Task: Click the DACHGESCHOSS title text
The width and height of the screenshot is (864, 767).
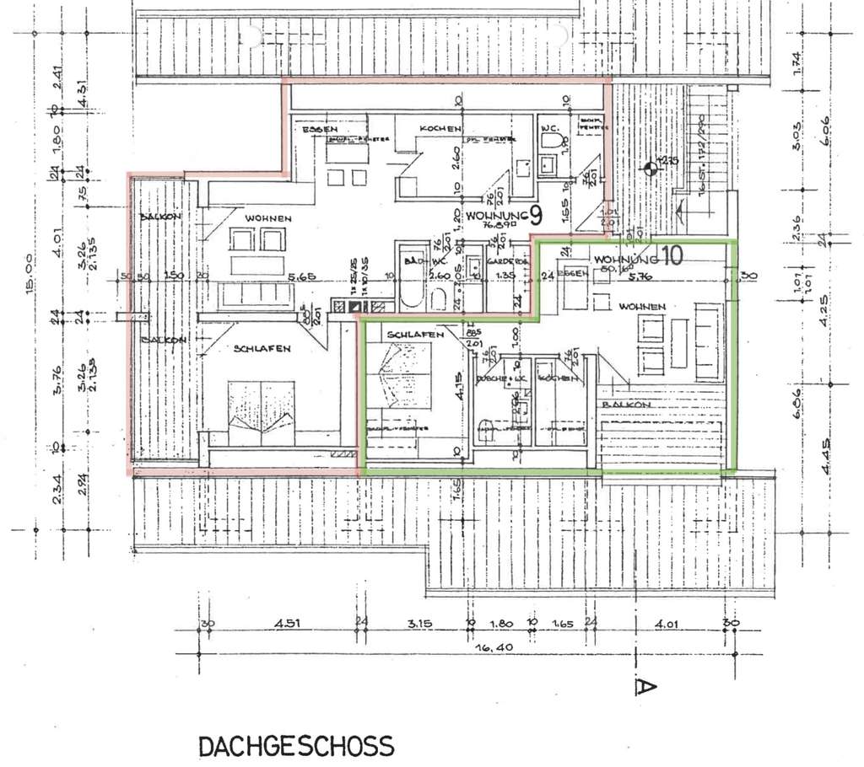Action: (296, 746)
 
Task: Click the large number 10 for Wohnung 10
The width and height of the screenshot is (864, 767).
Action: (672, 257)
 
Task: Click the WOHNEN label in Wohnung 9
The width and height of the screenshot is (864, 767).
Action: (268, 218)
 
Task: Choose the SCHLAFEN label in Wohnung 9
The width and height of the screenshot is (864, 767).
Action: (263, 348)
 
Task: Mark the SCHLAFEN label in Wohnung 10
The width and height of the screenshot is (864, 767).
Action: (415, 335)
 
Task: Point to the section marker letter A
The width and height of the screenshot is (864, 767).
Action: (645, 687)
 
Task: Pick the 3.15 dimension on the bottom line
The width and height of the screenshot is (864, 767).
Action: (419, 625)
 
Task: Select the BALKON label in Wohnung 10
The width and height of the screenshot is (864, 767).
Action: (627, 405)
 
